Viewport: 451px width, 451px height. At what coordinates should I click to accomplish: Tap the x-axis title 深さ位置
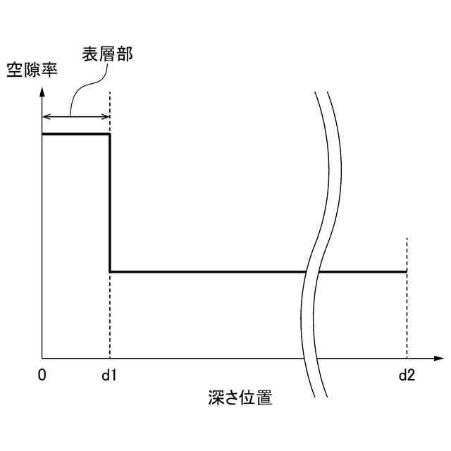[x=240, y=397]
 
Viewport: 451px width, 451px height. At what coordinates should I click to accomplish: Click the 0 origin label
[x=42, y=375]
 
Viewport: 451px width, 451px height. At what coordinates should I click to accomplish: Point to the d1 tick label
[x=109, y=375]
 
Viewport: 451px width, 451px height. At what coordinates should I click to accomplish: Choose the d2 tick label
[x=407, y=375]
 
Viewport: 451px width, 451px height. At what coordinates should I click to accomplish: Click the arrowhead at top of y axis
[x=42, y=91]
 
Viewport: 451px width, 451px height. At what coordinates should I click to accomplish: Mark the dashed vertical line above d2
[x=407, y=254]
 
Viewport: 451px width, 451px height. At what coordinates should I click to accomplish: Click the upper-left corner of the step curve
[x=43, y=134]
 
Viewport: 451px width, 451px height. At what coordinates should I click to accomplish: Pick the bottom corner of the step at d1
[x=110, y=271]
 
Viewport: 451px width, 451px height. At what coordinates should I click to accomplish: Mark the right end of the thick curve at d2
[x=406, y=271]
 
